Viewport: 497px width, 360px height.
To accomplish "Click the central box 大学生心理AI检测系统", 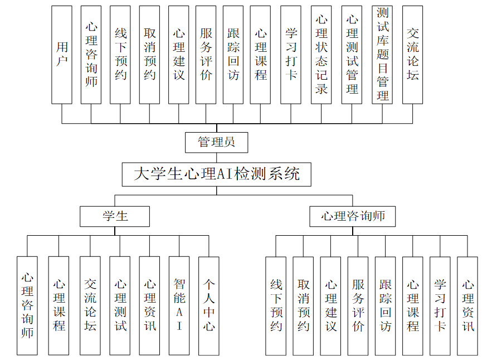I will [216, 174].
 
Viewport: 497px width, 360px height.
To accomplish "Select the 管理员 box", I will [216, 142].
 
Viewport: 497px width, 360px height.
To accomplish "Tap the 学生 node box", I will [115, 216].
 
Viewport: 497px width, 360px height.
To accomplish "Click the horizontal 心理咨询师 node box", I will [352, 216].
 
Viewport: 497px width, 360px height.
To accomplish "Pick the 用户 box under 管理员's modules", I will [62, 55].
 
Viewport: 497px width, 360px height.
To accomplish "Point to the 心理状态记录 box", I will [321, 55].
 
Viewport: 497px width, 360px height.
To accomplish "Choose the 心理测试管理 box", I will [352, 55].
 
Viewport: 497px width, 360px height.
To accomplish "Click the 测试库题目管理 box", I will [382, 55].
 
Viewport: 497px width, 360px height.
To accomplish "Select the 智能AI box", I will [179, 305].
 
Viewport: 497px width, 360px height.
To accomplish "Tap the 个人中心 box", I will [209, 305].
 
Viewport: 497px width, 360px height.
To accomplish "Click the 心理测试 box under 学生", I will [120, 305].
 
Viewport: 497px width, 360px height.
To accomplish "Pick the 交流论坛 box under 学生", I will [90, 305].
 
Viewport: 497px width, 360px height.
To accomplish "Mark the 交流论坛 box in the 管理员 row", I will [412, 55].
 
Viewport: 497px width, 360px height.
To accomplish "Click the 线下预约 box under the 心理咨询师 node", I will [276, 305].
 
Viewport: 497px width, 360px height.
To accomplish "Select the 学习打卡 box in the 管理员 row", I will [291, 55].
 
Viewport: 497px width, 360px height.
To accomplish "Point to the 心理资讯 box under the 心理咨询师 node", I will [467, 305].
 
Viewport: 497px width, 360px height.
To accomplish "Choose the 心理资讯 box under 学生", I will [149, 305].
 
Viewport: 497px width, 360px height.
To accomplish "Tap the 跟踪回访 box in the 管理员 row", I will [233, 55].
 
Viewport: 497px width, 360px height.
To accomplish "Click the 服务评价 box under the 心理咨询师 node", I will [358, 305].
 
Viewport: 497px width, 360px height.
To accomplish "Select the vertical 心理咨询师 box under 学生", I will [27, 305].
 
